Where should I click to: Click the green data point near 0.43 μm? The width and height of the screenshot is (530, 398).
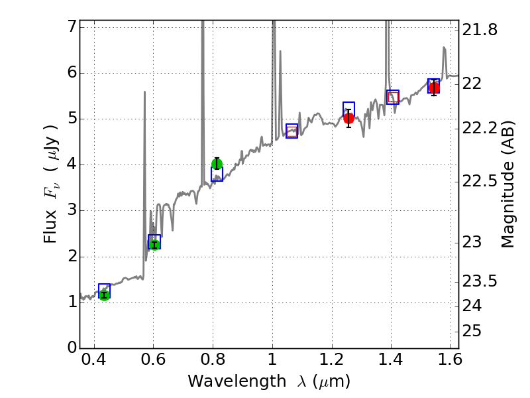coord(104,295)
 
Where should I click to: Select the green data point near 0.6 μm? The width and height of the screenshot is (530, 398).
coord(154,245)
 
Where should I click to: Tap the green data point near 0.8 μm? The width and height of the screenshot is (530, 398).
coord(217,164)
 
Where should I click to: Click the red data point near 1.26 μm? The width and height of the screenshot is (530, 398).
coord(349,118)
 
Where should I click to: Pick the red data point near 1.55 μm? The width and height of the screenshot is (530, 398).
coord(434,88)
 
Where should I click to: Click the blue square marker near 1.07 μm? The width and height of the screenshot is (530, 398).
coord(291,131)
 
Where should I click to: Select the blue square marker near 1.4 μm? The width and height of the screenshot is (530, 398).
coord(393,97)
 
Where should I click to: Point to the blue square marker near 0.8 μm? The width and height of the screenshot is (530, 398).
coord(217,174)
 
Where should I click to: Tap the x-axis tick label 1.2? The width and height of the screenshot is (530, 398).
coord(331,362)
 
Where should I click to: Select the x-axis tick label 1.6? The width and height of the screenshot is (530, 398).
coord(449,362)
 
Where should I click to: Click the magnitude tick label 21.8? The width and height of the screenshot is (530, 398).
coord(481,30)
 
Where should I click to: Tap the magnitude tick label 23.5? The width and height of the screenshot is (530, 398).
coord(481,282)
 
